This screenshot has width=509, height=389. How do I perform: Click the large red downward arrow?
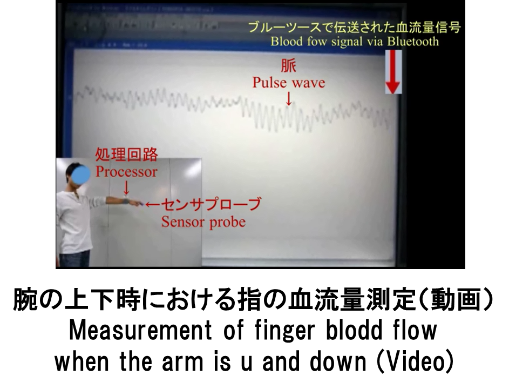pyautogui.click(x=393, y=72)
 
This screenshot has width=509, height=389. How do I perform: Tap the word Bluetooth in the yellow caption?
pyautogui.click(x=413, y=42)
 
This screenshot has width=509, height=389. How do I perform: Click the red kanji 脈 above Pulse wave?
pyautogui.click(x=288, y=66)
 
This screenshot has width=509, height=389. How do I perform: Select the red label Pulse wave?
pyautogui.click(x=289, y=83)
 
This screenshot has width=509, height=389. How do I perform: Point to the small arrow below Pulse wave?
pyautogui.click(x=288, y=98)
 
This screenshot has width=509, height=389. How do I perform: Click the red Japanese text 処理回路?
pyautogui.click(x=126, y=155)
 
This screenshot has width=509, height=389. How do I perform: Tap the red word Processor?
pyautogui.click(x=126, y=172)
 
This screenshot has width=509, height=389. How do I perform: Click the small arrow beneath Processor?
pyautogui.click(x=126, y=188)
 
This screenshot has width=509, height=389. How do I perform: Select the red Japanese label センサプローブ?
pyautogui.click(x=211, y=204)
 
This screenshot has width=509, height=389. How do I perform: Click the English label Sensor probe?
pyautogui.click(x=203, y=222)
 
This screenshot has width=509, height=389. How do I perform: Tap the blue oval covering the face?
pyautogui.click(x=80, y=175)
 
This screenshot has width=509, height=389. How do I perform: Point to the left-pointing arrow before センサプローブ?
pyautogui.click(x=153, y=204)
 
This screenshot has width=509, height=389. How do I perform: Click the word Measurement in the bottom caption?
pyautogui.click(x=140, y=330)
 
